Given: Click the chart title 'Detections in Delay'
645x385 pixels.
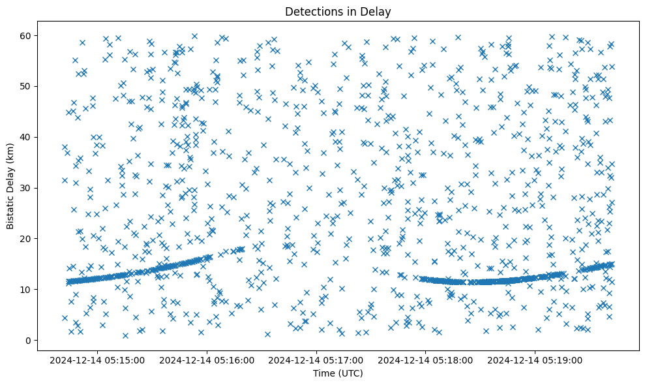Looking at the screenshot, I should coord(338,11).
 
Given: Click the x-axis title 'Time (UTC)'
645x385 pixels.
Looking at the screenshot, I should coord(338,374).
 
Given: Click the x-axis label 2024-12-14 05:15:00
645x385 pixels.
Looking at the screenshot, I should coord(98,360).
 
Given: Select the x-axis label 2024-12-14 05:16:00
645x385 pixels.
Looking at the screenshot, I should coord(207,360).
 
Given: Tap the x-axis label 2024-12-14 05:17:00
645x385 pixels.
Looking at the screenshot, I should coord(317,360).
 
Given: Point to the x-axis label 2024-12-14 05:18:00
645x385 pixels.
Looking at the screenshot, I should coord(427,360).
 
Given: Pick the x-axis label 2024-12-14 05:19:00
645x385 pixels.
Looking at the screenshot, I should coord(536,360).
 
